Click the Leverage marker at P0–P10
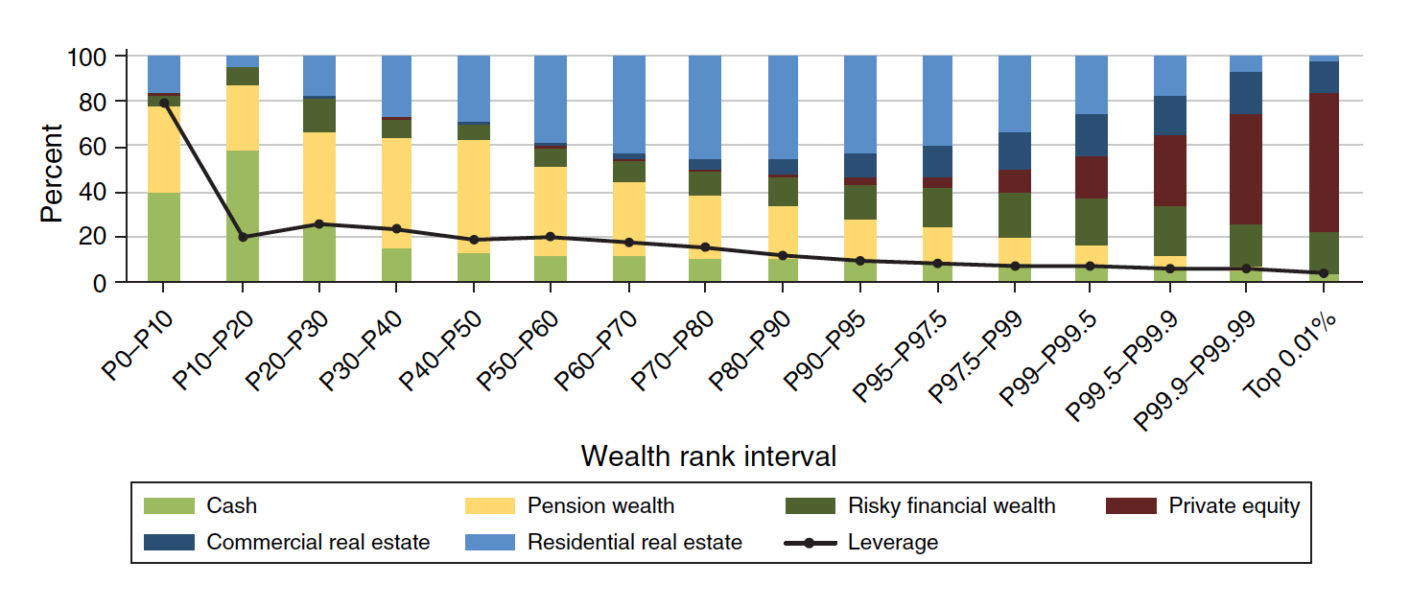(x=164, y=103)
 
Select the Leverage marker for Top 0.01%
(x=1324, y=273)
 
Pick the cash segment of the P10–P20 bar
(x=243, y=216)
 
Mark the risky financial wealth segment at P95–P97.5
(x=938, y=207)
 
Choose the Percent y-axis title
(x=51, y=173)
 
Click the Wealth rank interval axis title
(x=709, y=456)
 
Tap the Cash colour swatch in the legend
(x=169, y=505)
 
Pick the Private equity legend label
(x=1234, y=505)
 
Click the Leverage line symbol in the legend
(x=810, y=543)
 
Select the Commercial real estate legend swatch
(x=169, y=543)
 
